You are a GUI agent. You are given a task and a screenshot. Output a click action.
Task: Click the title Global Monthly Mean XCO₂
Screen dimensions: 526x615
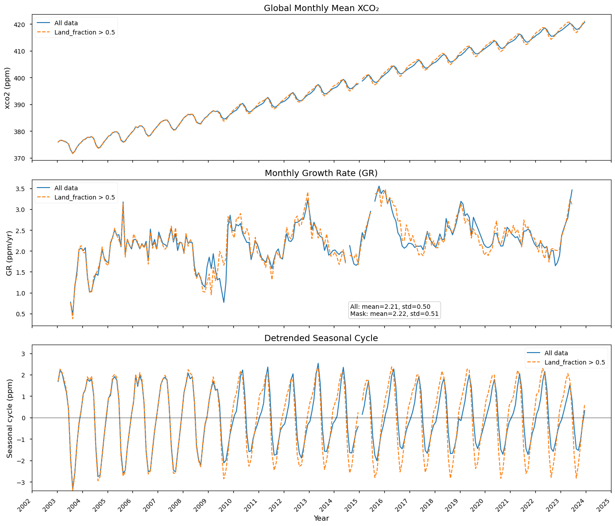tap(321, 8)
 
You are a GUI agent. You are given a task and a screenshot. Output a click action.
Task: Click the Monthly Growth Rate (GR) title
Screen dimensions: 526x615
tap(321, 173)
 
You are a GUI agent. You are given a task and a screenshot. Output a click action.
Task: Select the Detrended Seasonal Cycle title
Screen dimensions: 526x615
tap(321, 338)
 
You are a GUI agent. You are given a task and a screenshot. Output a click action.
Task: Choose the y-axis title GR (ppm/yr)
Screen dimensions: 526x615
tap(9, 253)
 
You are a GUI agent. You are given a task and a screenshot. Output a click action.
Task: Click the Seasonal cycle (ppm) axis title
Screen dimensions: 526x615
tap(9, 418)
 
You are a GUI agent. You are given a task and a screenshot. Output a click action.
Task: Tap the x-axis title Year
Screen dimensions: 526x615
tap(321, 518)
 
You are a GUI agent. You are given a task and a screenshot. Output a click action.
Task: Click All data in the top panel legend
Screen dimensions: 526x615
tap(66, 23)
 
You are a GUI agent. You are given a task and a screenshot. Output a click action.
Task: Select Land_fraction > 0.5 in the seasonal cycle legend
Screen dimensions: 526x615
tap(575, 362)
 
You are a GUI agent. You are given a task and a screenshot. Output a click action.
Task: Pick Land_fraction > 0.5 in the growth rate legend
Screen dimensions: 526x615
tap(85, 197)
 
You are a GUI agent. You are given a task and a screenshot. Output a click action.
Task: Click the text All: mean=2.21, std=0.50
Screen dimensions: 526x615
tap(390, 307)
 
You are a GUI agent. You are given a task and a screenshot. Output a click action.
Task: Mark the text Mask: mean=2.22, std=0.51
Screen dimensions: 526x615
tap(394, 314)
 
